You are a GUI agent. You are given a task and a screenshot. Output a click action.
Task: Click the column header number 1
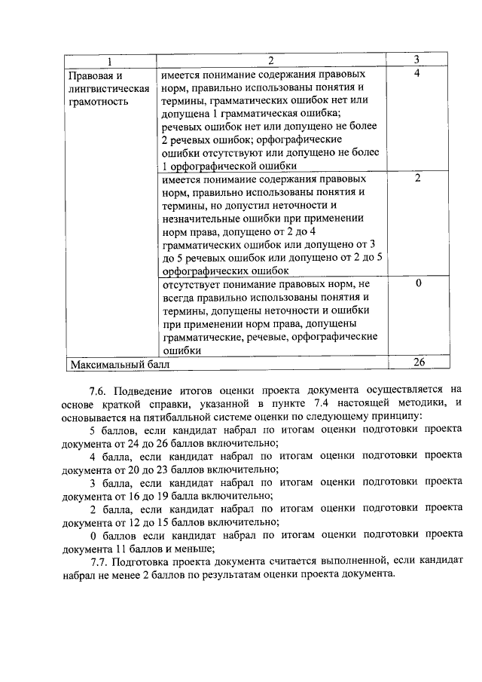[110, 60]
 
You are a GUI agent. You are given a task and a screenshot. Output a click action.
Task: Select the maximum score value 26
[419, 362]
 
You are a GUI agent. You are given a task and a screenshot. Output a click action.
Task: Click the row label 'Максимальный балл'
[120, 364]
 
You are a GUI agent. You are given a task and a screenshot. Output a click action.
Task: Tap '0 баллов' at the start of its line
[113, 534]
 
